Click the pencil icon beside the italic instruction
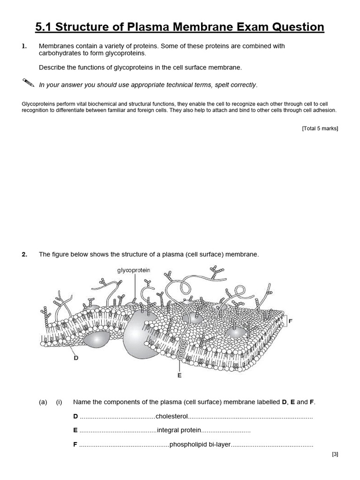pos(28,83)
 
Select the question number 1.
pos(24,46)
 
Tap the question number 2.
pos(24,255)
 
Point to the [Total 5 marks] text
pos(320,128)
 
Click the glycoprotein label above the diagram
pos(134,270)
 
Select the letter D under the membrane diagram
pos(75,358)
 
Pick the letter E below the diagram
pos(179,375)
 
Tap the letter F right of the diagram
pos(290,321)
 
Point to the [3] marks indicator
pos(334,454)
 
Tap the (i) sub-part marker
pos(59,402)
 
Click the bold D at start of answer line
pos(75,416)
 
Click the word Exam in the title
pos(257,27)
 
